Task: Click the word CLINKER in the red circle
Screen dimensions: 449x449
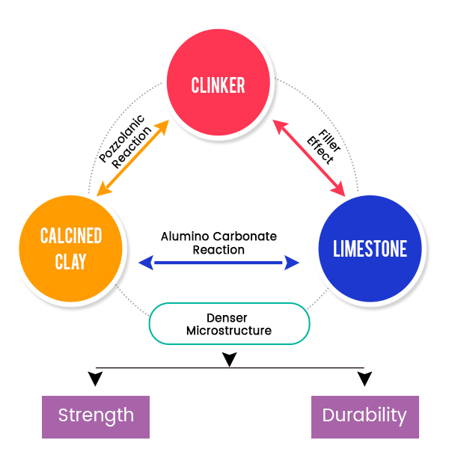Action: coord(218,85)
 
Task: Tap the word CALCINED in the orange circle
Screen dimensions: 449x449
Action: coord(71,237)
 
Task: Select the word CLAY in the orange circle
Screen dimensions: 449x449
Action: coord(71,262)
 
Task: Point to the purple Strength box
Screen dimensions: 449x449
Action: coord(96,415)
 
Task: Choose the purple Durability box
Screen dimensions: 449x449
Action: coord(364,415)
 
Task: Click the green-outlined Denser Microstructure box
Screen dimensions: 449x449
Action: coord(229,323)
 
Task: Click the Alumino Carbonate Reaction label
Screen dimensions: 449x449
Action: coord(219,243)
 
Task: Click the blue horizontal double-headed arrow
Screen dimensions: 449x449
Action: coord(219,263)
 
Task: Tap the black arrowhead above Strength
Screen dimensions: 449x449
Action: coord(95,379)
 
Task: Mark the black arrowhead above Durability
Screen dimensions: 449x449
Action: coord(364,379)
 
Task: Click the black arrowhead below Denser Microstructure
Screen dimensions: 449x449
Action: coord(230,360)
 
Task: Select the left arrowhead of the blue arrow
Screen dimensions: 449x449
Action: coord(146,263)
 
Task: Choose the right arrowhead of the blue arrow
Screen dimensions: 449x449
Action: coord(292,263)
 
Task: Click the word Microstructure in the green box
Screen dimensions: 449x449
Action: coord(229,330)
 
